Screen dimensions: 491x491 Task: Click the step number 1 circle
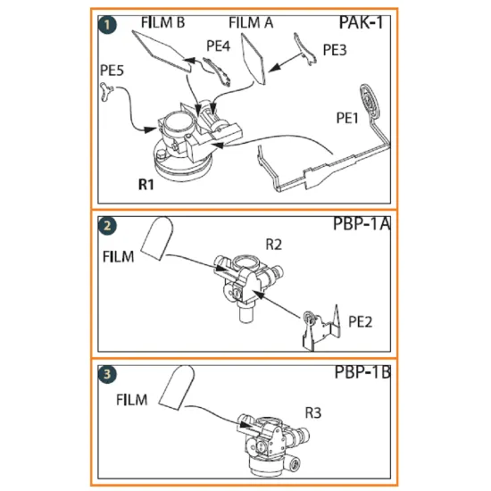click(x=108, y=25)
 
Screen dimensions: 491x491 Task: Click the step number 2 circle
click(x=108, y=227)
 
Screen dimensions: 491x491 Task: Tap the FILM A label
click(x=251, y=22)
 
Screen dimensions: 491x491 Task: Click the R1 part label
click(x=147, y=186)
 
